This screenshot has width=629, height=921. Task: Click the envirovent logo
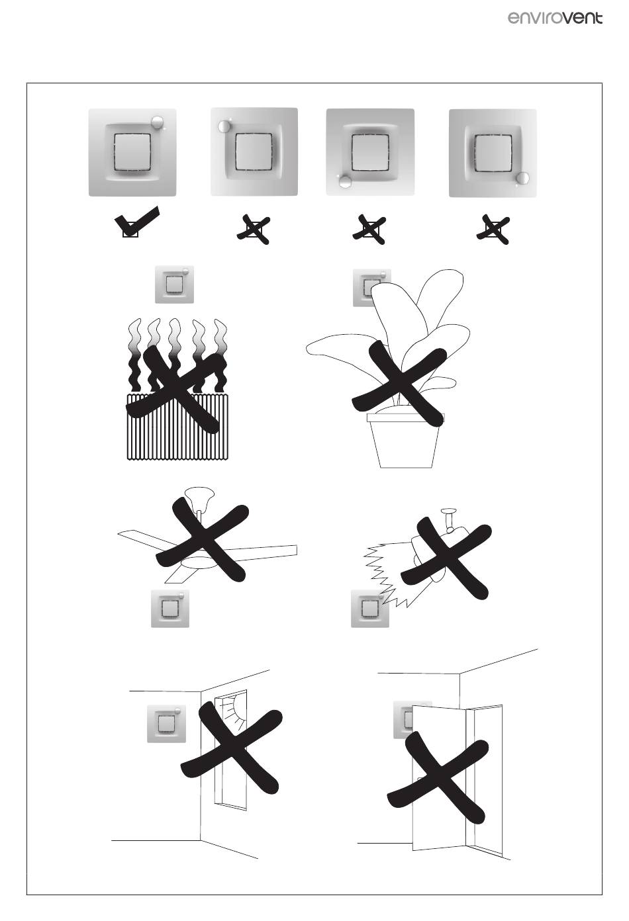555,17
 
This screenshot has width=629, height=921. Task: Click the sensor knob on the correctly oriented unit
158,122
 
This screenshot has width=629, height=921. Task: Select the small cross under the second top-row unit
254,229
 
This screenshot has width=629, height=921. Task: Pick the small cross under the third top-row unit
369,229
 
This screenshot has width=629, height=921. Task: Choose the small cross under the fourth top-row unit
494,229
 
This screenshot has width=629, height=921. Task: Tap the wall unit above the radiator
174,285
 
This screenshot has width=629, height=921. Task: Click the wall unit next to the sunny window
166,723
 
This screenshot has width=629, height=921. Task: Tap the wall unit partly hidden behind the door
403,719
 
